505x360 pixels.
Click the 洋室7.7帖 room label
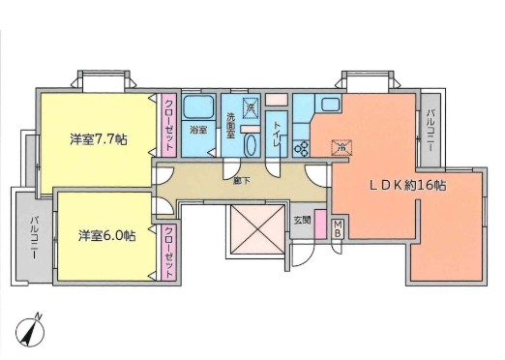pyautogui.click(x=99, y=138)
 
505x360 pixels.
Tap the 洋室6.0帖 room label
pyautogui.click(x=106, y=235)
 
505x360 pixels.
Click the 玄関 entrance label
pyautogui.click(x=302, y=220)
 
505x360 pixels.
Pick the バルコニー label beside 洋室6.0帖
pyautogui.click(x=34, y=235)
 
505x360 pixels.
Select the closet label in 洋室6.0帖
pyautogui.click(x=168, y=250)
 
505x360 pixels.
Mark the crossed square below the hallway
pyautogui.click(x=252, y=233)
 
